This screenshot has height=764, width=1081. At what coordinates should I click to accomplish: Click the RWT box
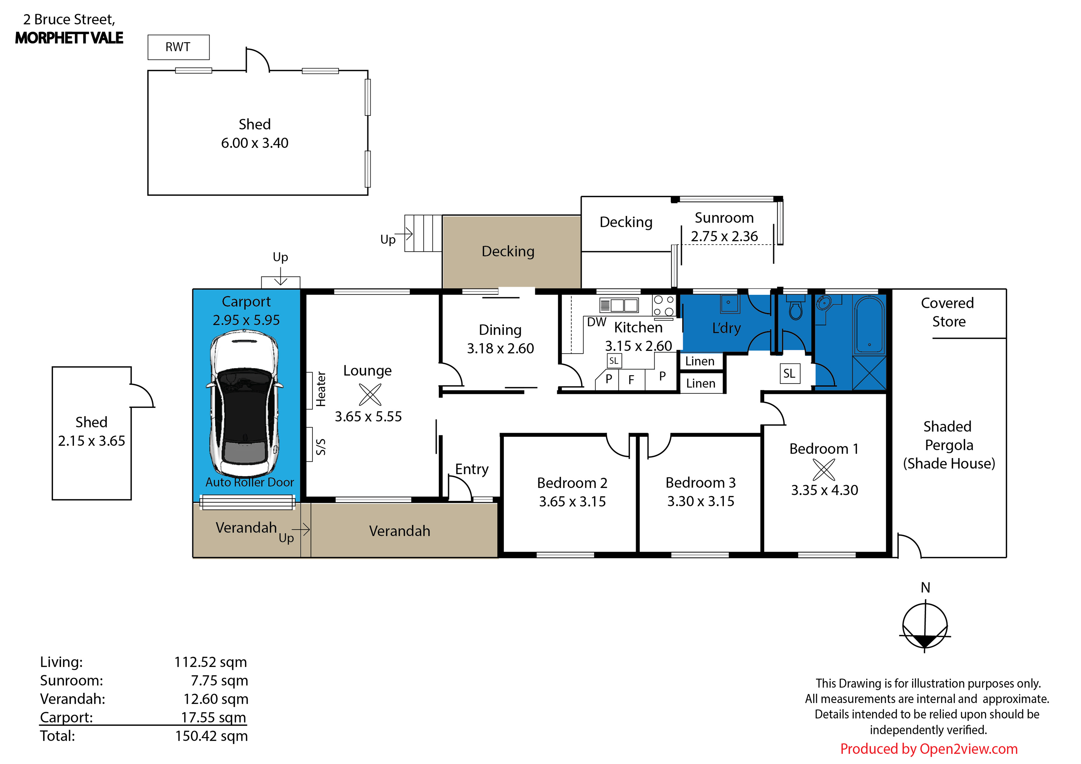click(178, 47)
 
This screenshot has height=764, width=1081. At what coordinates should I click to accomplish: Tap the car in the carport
click(244, 403)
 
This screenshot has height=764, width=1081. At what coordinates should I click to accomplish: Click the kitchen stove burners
click(663, 306)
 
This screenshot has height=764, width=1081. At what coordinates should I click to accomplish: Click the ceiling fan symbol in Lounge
click(370, 394)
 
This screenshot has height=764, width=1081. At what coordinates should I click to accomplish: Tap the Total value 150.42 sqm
click(211, 736)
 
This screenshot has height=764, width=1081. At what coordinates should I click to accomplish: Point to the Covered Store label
click(948, 312)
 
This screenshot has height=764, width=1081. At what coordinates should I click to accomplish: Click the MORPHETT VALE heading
click(69, 38)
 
